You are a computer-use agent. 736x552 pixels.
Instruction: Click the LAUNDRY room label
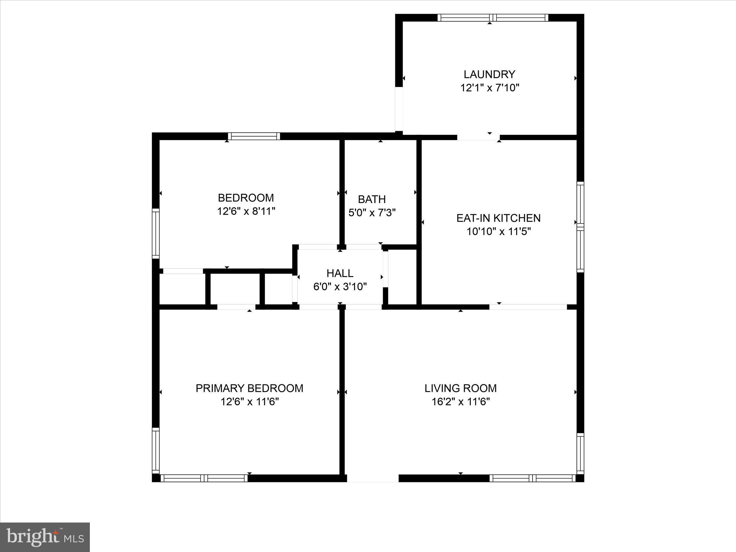(x=489, y=74)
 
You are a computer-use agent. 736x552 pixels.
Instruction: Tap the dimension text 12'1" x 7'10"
(x=489, y=88)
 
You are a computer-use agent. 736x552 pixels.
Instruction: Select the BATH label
(x=372, y=199)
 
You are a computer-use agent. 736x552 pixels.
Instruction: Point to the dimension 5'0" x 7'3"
(x=372, y=213)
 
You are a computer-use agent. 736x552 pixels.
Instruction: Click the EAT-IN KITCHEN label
(x=498, y=218)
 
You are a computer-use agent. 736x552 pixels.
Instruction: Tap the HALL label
(x=340, y=273)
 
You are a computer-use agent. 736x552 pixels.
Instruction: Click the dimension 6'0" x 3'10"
(x=340, y=287)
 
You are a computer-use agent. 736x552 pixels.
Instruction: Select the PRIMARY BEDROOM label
(x=249, y=388)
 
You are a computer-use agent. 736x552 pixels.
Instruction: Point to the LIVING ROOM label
(x=460, y=388)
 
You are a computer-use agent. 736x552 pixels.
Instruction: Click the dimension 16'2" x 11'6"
(x=460, y=402)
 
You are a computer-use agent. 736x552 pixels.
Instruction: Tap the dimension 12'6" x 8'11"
(x=246, y=211)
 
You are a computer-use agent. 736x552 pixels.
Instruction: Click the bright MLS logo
(x=45, y=537)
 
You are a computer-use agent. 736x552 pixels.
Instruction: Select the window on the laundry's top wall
(x=493, y=18)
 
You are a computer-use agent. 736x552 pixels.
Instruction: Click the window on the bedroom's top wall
(x=254, y=136)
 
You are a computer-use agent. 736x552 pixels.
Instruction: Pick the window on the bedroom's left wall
(x=156, y=233)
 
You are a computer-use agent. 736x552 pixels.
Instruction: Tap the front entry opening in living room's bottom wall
(x=372, y=478)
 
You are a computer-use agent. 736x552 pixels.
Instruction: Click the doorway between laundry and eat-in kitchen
(x=478, y=137)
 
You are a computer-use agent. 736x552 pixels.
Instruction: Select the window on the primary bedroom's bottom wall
(x=204, y=478)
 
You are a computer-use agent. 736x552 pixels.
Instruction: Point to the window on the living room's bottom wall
(x=533, y=478)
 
